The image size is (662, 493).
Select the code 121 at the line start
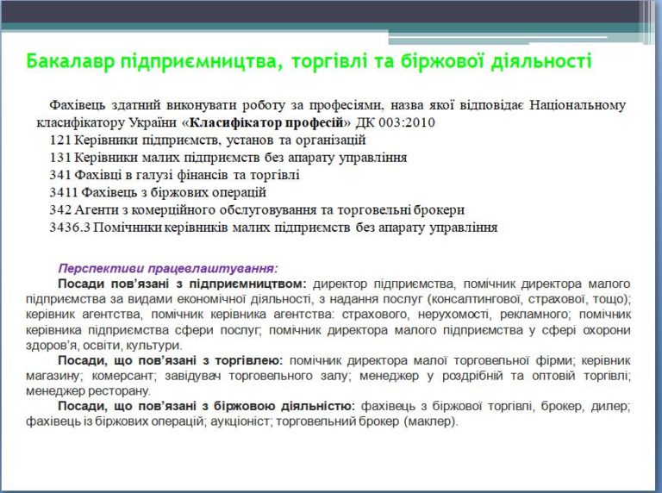[x=60, y=140]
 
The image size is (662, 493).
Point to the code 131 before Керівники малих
[x=60, y=158]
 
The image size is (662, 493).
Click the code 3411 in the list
[x=64, y=192]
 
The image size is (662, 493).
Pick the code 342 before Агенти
[x=60, y=209]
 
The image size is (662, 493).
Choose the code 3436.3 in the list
[x=70, y=228]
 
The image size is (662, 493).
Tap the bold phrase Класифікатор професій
[x=266, y=123]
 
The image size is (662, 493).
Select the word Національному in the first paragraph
[x=578, y=104]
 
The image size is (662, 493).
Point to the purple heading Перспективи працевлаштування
[x=168, y=269]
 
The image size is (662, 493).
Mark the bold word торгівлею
[x=249, y=361]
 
